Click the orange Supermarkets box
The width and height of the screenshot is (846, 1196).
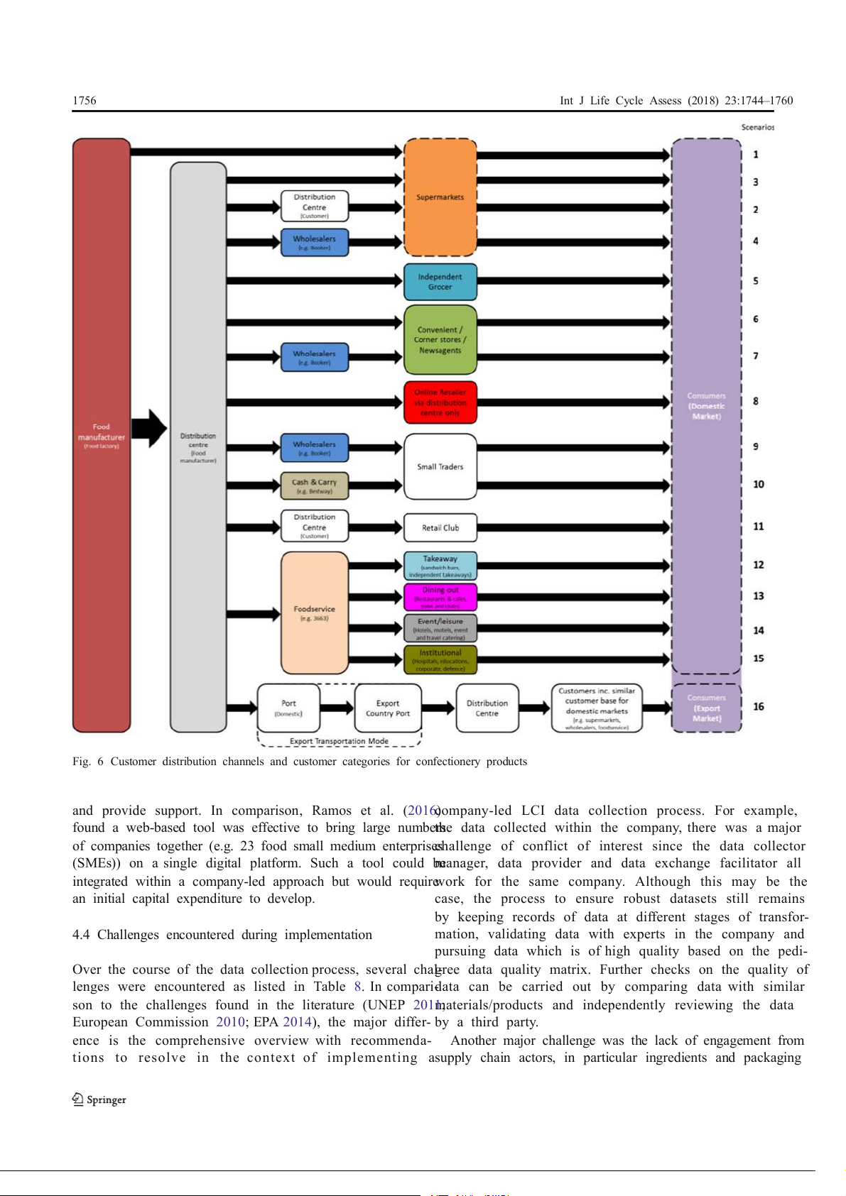(440, 197)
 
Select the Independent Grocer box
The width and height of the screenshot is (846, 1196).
(440, 282)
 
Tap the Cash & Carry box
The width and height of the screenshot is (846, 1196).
(314, 485)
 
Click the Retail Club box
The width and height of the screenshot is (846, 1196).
(440, 528)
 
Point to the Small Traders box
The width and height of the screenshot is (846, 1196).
(440, 466)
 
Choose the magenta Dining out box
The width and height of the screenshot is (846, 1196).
(440, 597)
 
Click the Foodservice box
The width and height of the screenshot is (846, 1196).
(314, 613)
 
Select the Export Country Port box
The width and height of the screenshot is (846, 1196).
(388, 708)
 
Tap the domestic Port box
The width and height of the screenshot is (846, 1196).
(288, 708)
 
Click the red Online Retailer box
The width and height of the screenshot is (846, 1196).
(440, 402)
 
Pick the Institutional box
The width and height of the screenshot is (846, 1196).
(440, 659)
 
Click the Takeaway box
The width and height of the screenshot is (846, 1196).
(440, 566)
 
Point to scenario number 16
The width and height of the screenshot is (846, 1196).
(759, 707)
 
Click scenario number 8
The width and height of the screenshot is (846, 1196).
(756, 402)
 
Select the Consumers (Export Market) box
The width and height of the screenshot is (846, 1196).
(707, 708)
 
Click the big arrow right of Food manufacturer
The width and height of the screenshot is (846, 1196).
(149, 428)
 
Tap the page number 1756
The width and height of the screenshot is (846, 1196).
(85, 101)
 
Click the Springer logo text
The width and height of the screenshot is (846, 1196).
(106, 1099)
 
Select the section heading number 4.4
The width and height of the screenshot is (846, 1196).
(81, 935)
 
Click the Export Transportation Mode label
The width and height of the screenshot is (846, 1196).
(339, 741)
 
